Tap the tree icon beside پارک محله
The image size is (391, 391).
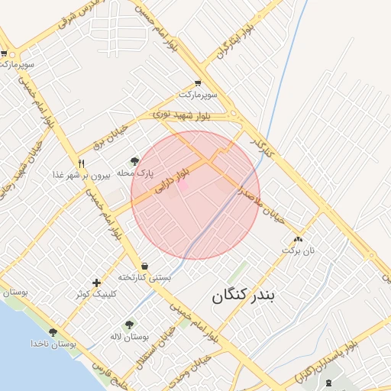135,160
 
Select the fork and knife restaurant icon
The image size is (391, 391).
81,163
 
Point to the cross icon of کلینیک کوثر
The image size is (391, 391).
95,283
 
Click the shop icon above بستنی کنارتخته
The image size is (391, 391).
144,266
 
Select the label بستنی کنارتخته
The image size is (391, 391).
144,277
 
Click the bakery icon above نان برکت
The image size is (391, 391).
298,238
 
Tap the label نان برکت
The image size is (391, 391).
299,250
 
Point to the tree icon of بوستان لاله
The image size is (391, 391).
128,325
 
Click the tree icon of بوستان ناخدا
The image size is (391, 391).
53,332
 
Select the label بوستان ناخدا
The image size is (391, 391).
53,344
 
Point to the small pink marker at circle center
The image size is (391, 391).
183,185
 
